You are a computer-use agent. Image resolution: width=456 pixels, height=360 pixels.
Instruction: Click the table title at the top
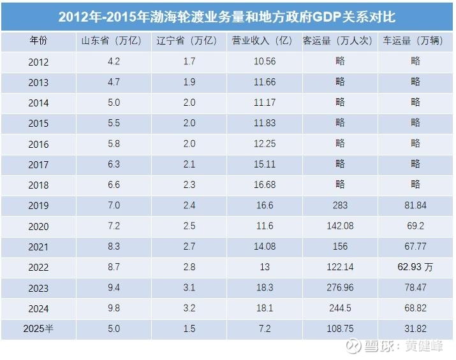point(227,17)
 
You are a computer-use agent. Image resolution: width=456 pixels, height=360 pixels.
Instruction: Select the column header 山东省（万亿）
point(113,41)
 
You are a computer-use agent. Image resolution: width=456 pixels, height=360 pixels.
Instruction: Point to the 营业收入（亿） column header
point(265,41)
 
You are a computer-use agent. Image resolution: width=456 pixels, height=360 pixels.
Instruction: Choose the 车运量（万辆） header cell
point(415,41)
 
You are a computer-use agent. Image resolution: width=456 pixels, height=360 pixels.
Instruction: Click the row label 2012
point(38,62)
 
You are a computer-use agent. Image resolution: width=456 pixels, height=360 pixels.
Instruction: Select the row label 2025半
point(38,329)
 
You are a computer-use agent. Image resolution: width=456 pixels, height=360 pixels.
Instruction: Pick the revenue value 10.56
point(265,62)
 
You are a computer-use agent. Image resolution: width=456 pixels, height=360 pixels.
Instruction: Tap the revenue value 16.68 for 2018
point(265,185)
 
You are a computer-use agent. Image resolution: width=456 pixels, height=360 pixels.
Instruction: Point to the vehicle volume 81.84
point(415,205)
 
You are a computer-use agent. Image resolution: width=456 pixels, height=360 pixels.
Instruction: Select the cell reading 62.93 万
point(415,267)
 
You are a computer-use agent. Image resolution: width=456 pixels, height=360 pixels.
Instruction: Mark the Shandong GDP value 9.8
point(113,308)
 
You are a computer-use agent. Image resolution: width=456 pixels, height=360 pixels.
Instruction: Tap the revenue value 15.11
point(265,164)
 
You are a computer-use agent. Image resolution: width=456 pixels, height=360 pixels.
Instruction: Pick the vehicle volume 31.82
point(415,329)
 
